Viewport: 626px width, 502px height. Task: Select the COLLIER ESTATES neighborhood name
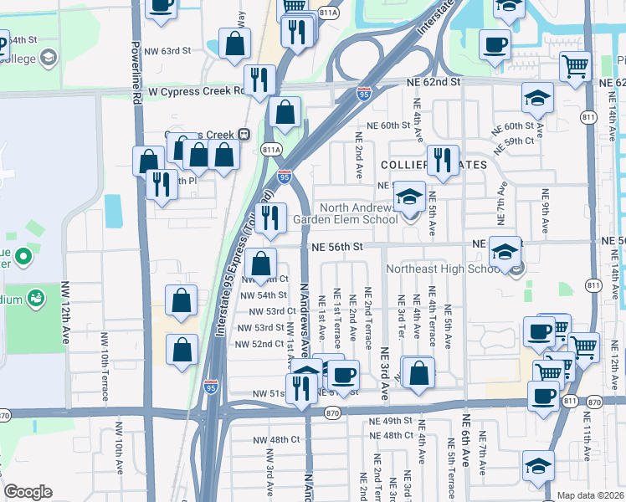point(433,165)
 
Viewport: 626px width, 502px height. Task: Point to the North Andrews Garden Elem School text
point(345,213)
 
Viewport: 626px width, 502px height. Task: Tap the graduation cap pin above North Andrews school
point(409,197)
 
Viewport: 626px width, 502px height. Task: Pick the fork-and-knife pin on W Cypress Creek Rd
point(260,80)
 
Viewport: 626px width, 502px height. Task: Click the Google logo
point(28,492)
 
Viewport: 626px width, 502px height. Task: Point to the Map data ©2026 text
point(590,495)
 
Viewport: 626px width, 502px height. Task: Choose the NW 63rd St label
point(165,51)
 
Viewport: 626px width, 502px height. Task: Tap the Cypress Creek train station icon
point(244,134)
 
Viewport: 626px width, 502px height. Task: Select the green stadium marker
point(35,298)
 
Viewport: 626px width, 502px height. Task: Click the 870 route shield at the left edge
point(4,415)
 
